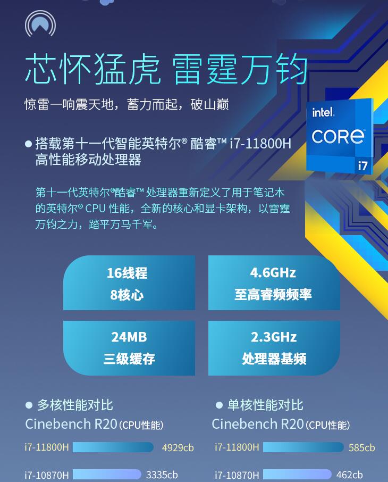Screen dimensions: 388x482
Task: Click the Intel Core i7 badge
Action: [x=340, y=136]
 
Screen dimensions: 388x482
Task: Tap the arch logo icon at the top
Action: [x=40, y=23]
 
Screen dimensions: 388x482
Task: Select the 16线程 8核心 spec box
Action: [x=129, y=283]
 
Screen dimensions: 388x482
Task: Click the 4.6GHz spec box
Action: [x=274, y=283]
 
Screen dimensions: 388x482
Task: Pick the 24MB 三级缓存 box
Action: [x=129, y=348]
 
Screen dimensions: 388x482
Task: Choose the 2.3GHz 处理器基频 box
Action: [x=274, y=348]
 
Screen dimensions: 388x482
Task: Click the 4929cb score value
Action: [x=178, y=447]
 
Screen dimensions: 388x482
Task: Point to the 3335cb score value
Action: [x=162, y=475]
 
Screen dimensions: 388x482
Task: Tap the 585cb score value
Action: [x=361, y=447]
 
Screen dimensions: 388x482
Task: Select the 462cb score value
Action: [x=349, y=475]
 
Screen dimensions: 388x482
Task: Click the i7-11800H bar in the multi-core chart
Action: [x=113, y=447]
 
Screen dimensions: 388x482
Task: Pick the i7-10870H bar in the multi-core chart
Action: [x=107, y=475]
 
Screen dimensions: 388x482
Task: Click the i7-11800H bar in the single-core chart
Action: [x=303, y=447]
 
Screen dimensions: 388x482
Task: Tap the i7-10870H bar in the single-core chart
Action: [x=297, y=475]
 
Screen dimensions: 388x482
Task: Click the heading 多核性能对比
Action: [x=75, y=405]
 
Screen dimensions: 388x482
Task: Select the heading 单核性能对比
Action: [x=265, y=405]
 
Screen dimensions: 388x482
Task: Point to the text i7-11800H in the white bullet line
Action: [x=260, y=144]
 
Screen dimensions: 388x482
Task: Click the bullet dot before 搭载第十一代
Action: [x=28, y=144]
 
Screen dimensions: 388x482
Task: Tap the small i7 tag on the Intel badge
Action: [x=362, y=165]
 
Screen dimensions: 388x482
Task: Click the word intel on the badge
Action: [x=323, y=112]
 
